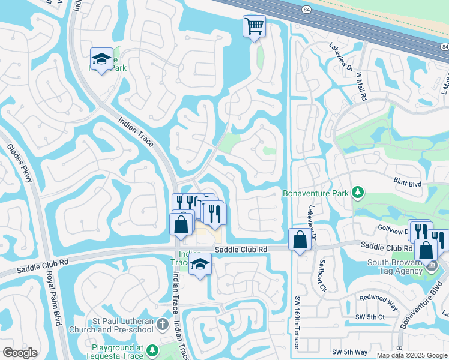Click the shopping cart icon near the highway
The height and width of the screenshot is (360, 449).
point(254,26)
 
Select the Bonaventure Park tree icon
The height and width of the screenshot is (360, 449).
point(358,193)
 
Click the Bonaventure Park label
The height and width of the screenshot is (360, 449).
point(315,193)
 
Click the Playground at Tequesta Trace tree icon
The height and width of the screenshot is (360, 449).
point(152,350)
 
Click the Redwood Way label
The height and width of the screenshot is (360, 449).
point(378,298)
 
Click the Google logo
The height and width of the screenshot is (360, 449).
point(20,352)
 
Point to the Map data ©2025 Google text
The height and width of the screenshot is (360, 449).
point(411,355)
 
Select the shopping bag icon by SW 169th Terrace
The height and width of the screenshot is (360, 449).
point(300,239)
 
